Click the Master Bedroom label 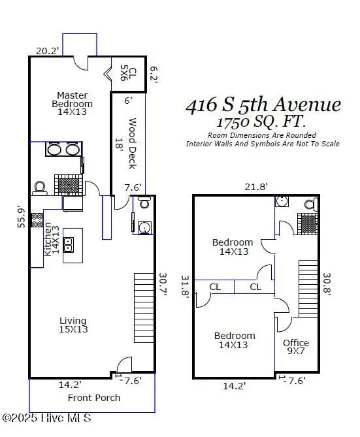73,103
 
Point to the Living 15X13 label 74,325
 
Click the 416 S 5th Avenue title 263,105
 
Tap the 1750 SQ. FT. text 261,122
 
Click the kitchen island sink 73,246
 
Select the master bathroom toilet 39,188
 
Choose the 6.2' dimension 154,74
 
